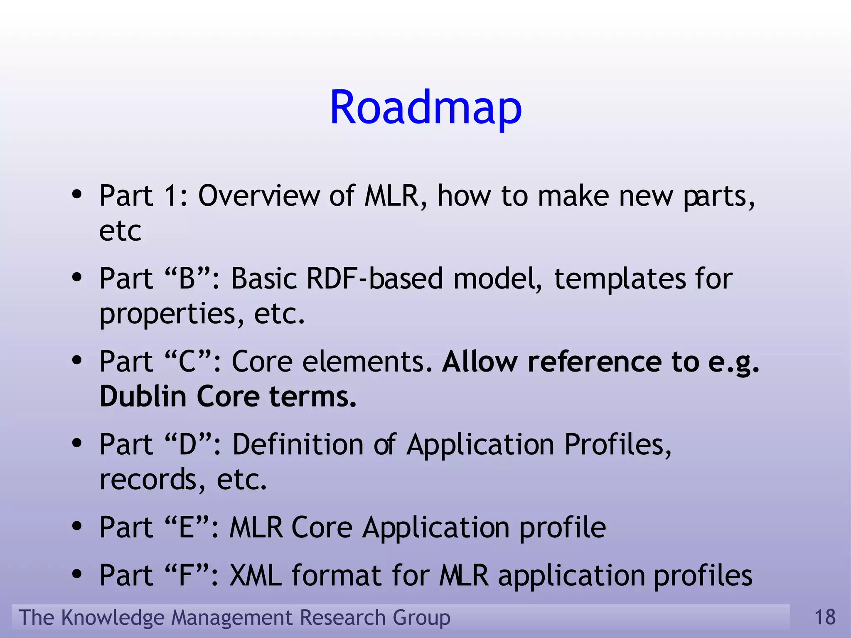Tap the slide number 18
tap(824, 617)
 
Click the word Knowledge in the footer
tap(112, 618)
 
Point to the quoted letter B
tap(187, 278)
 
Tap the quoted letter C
tap(187, 362)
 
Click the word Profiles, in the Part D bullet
tap(617, 445)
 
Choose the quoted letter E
tap(186, 527)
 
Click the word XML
tap(255, 576)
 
